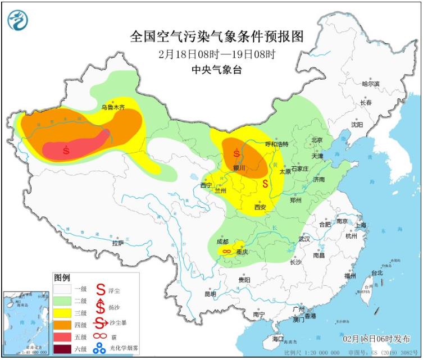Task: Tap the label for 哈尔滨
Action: [370, 84]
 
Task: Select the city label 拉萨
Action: [117, 243]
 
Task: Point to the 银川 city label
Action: [239, 167]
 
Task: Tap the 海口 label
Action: [278, 340]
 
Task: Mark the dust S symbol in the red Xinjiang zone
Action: [67, 150]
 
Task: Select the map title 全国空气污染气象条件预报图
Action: [216, 37]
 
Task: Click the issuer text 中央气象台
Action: [216, 70]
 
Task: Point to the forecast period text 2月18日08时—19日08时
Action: [216, 54]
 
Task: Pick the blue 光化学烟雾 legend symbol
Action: [100, 349]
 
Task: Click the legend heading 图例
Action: [62, 277]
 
